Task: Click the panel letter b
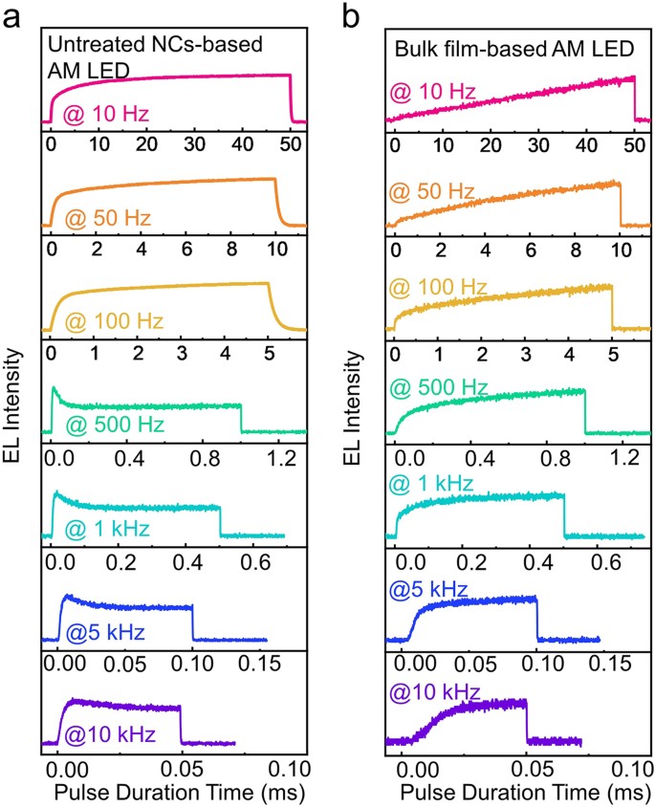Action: [353, 18]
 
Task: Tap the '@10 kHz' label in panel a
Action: [109, 734]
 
